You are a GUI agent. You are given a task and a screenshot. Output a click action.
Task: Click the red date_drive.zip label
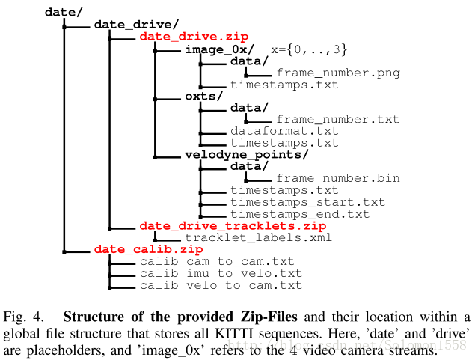click(194, 36)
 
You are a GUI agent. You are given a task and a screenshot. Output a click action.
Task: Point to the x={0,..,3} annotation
click(309, 49)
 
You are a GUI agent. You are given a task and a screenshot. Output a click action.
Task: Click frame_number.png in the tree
click(337, 73)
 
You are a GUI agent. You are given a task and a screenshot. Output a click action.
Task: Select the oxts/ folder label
click(204, 96)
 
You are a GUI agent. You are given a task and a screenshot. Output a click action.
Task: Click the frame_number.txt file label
click(337, 120)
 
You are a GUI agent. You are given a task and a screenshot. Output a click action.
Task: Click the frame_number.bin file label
click(337, 178)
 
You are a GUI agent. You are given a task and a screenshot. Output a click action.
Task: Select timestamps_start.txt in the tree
click(307, 202)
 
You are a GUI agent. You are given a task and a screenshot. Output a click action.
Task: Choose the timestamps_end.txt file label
click(300, 214)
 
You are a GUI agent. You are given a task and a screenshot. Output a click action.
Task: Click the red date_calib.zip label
click(148, 249)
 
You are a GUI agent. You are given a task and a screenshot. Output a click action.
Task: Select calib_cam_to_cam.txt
click(217, 261)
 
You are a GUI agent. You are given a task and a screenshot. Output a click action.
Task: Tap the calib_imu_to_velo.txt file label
click(221, 273)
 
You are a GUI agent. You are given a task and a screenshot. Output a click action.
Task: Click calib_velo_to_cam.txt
click(221, 285)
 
